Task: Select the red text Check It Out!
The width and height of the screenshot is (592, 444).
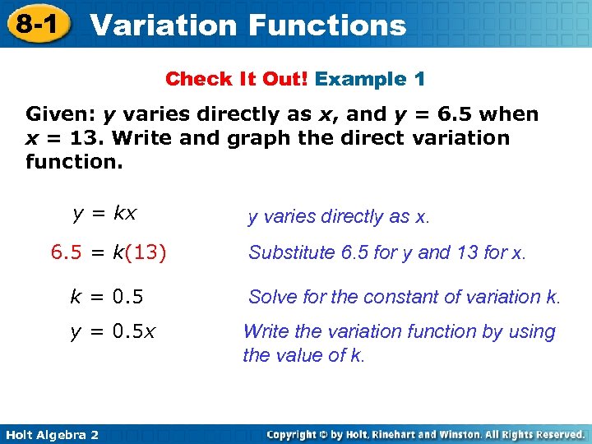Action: (x=237, y=80)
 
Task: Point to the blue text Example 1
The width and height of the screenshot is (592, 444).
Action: (x=370, y=80)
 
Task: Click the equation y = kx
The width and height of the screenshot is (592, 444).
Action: (x=104, y=214)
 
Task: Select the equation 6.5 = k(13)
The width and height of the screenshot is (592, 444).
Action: (x=109, y=252)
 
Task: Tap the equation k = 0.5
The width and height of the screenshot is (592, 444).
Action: (x=106, y=296)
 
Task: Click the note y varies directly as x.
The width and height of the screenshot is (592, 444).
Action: (x=339, y=217)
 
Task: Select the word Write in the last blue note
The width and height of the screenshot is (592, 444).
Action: (x=266, y=332)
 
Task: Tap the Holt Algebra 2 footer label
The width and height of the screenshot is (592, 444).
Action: (x=51, y=433)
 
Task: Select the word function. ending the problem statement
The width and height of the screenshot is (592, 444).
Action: (x=74, y=161)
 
